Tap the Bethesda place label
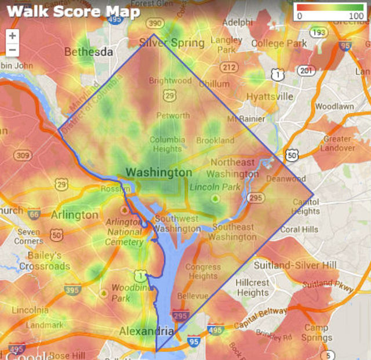89,52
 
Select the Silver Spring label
172,43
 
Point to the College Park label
279,43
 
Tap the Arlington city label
75,215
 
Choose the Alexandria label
146,332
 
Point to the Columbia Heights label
167,144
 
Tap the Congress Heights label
203,272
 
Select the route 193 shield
318,33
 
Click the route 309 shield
23,155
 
